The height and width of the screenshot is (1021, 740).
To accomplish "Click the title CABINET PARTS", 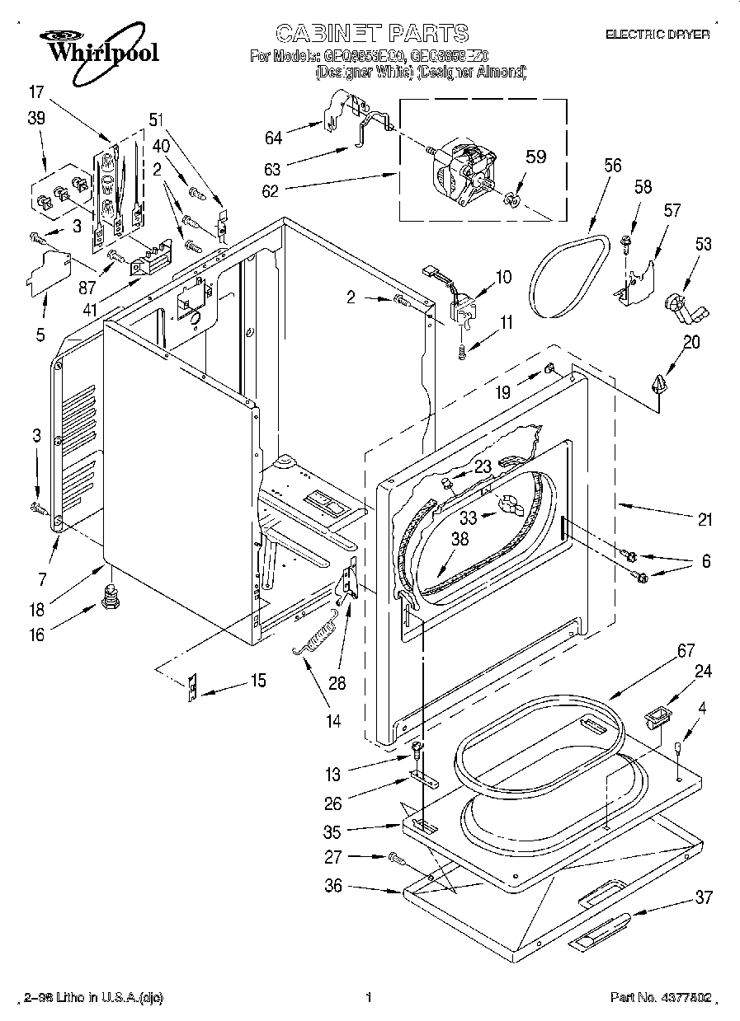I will [371, 33].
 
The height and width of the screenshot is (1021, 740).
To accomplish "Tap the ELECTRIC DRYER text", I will [657, 35].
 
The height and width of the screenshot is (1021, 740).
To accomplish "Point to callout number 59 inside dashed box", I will [536, 157].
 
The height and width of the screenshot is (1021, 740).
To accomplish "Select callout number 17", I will [35, 91].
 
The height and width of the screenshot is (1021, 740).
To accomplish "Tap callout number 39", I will [35, 118].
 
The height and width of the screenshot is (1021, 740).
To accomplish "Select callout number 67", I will [686, 650].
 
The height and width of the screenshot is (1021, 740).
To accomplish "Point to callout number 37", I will [703, 897].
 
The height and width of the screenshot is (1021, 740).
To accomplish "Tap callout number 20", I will [691, 342].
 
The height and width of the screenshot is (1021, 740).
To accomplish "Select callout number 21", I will [704, 519].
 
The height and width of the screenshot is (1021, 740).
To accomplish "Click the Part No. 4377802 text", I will [660, 998].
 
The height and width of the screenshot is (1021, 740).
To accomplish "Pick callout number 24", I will [702, 671].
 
